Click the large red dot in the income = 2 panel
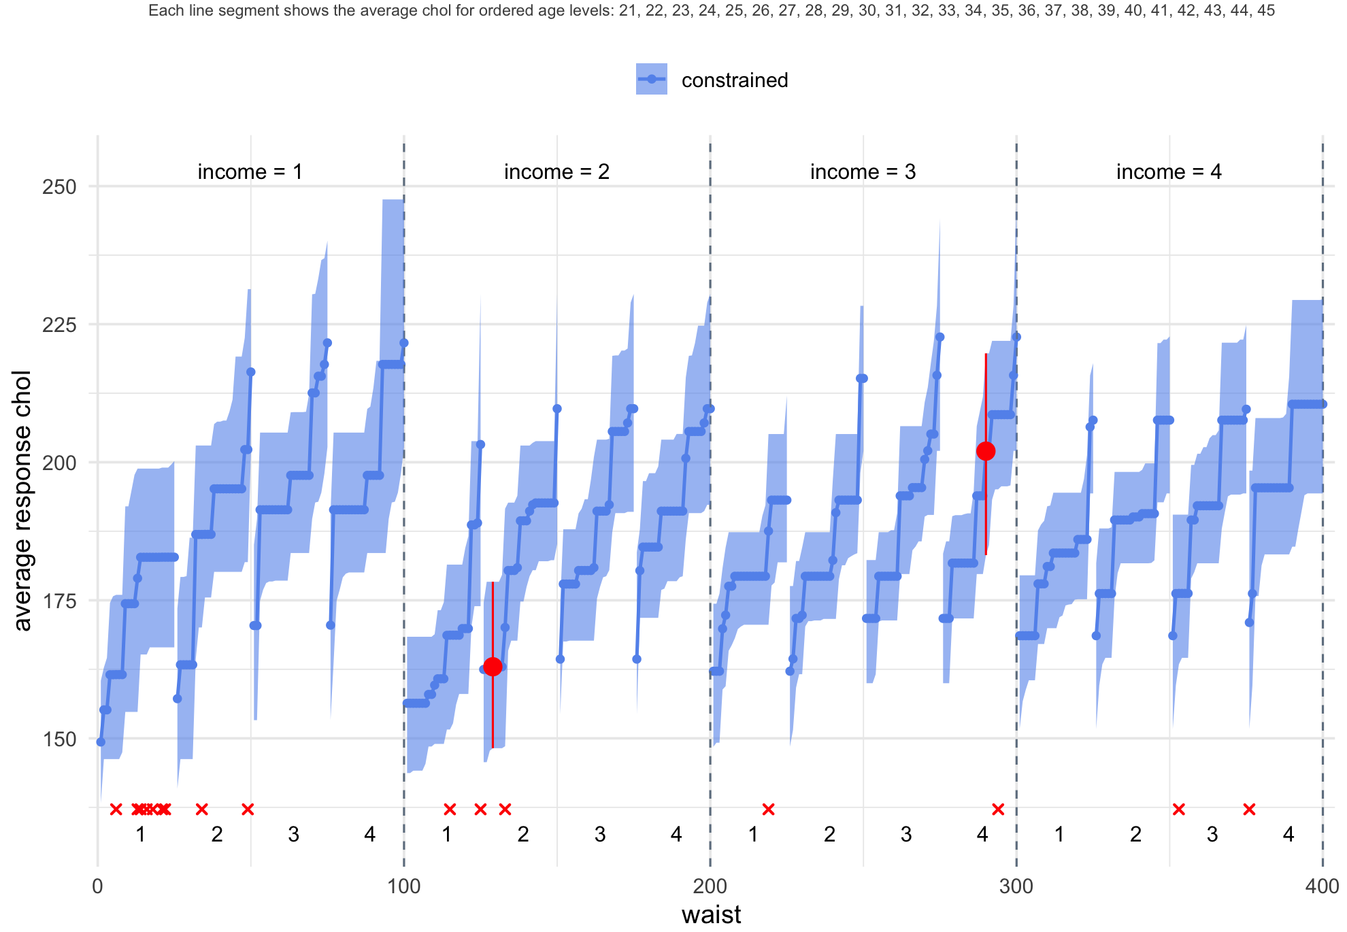click(x=493, y=666)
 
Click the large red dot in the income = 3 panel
click(x=986, y=451)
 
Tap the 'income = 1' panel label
click(x=250, y=172)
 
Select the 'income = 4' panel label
click(x=1169, y=172)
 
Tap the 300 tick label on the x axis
click(x=1016, y=886)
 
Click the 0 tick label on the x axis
click(x=97, y=886)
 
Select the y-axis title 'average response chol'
click(x=22, y=501)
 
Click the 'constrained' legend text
click(x=734, y=80)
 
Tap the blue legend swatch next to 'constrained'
click(x=651, y=79)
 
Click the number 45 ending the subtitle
click(x=1266, y=11)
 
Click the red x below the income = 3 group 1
click(x=768, y=809)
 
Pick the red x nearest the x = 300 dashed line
click(x=998, y=809)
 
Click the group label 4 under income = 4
click(x=1288, y=835)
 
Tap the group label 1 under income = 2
click(x=447, y=835)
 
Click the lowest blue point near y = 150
click(x=101, y=742)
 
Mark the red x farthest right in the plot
click(x=1249, y=809)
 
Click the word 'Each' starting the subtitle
click(x=161, y=11)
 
